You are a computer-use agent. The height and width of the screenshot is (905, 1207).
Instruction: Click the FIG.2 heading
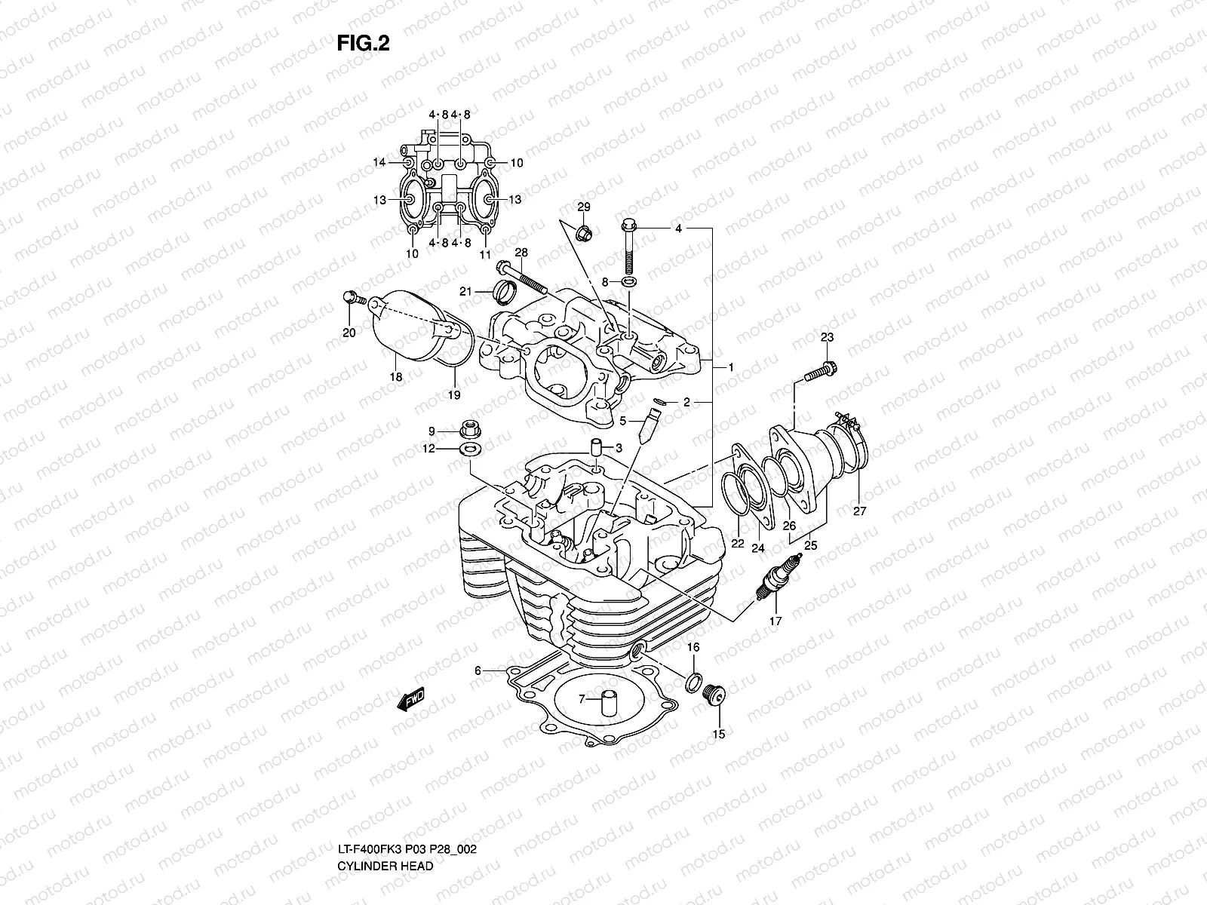tap(363, 44)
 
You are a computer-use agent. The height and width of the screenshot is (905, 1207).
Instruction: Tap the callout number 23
tap(827, 337)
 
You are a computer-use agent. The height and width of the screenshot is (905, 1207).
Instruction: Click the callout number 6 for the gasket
tap(478, 670)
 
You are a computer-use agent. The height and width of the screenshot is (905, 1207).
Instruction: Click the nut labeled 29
tap(584, 233)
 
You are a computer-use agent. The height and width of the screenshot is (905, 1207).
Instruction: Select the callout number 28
tap(521, 252)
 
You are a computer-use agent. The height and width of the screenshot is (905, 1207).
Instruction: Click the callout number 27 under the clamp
tap(860, 511)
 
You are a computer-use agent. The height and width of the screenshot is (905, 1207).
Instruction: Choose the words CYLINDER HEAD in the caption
tap(385, 824)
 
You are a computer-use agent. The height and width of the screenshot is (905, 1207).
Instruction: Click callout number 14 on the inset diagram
tap(379, 162)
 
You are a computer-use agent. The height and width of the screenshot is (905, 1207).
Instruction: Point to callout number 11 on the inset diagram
tap(485, 254)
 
